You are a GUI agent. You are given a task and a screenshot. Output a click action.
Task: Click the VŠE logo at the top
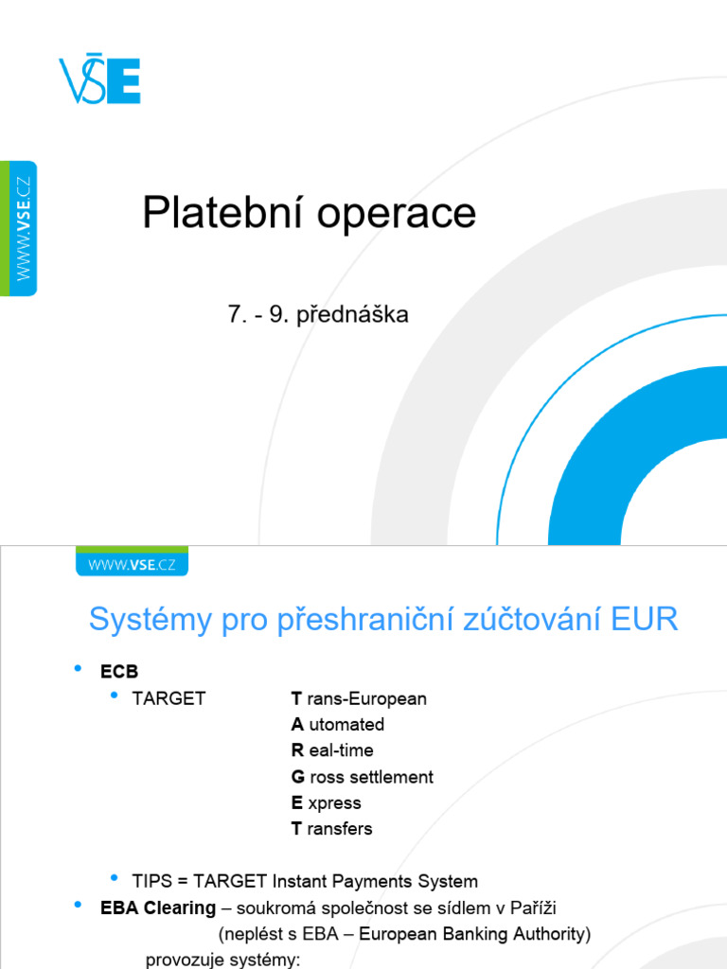(99, 79)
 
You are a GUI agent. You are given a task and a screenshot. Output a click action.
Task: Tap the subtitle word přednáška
(352, 315)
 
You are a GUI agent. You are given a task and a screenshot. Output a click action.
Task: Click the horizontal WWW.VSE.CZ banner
(132, 564)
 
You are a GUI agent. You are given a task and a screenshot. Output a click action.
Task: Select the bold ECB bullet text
(119, 672)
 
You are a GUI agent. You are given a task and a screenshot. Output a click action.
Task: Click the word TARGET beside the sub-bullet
(168, 698)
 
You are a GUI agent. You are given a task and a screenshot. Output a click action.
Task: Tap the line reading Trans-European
(359, 698)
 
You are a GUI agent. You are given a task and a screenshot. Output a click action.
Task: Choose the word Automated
(338, 725)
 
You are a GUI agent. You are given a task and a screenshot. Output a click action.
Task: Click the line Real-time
(332, 750)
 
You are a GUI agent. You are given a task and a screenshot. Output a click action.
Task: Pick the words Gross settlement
(362, 777)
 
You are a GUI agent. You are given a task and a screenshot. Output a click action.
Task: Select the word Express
(327, 802)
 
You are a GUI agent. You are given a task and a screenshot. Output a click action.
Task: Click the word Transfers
(331, 829)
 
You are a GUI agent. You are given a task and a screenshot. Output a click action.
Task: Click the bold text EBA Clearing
(158, 908)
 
